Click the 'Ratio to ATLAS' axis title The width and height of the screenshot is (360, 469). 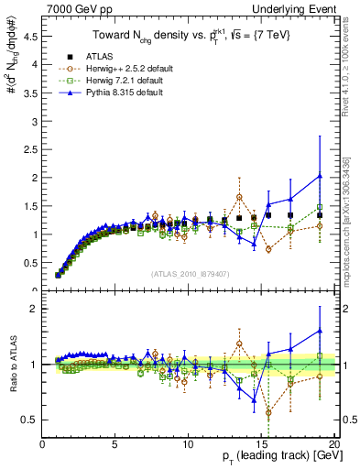[x=12, y=364]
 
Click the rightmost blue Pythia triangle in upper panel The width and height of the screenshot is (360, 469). [x=319, y=176]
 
